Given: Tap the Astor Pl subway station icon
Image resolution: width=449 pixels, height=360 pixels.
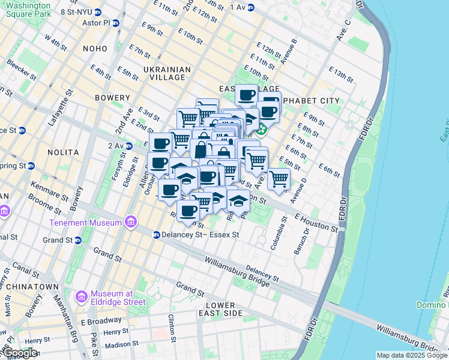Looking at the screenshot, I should tap(115, 23).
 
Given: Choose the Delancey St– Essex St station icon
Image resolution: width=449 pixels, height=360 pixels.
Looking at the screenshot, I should tap(156, 235).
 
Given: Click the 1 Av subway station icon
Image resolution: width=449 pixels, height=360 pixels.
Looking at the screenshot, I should tap(251, 7).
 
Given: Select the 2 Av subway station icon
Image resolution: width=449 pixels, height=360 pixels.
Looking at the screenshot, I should tap(129, 146).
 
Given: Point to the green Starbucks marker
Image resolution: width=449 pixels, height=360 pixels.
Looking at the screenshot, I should tap(262, 129).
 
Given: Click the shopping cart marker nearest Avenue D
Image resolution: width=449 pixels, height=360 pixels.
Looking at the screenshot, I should tap(279, 178).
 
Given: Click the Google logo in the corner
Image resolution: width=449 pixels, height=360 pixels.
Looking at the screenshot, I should tap(19, 353).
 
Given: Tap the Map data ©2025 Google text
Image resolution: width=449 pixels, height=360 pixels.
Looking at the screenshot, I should tap(411, 355).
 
